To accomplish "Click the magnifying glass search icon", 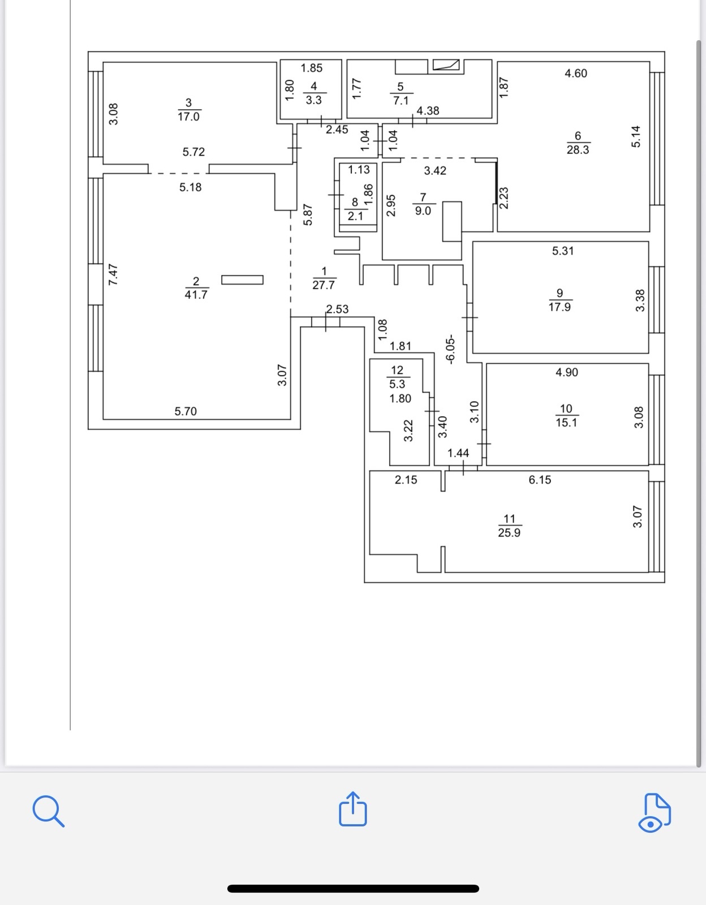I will point(48,811).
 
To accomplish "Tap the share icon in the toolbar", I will point(353,809).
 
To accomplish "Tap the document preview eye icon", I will point(655,813).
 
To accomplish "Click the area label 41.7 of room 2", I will point(196,295).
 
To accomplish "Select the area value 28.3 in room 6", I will point(578,150).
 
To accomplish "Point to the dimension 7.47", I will point(113,274).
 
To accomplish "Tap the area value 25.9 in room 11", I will point(509,533).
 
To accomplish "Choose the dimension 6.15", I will point(540,480).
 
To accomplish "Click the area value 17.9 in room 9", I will point(559,307).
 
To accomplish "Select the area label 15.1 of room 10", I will point(566,423).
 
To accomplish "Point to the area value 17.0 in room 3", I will point(188,117).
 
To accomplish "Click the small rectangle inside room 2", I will point(242,279).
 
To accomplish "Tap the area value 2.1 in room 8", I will point(355,216).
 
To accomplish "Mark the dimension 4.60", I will point(576,73).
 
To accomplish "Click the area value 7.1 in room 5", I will point(401,101).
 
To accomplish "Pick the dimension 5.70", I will point(186,411).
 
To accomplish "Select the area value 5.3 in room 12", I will point(397,384).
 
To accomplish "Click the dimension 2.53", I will point(337,309).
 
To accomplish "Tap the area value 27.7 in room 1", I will point(324,285).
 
